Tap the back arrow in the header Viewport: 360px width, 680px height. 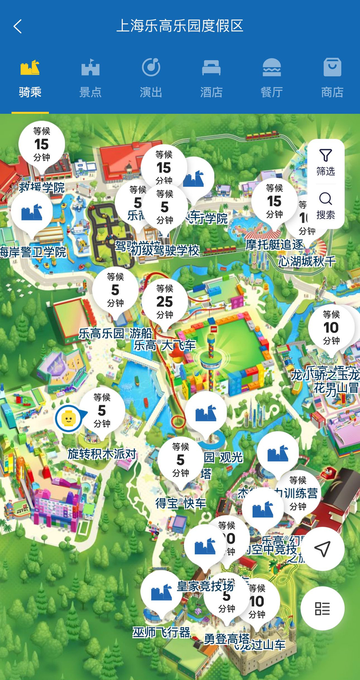point(18,26)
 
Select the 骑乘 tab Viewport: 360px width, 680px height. point(30,80)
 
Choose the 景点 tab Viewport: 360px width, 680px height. point(90,80)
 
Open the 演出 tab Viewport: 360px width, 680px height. point(151,80)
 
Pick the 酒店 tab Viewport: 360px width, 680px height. point(211,80)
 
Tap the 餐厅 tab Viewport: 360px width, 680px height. point(272,80)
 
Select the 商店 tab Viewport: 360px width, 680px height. point(332,80)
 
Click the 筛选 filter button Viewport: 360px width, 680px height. point(326,162)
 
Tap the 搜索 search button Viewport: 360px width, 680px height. point(326,206)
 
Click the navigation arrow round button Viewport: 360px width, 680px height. point(322,549)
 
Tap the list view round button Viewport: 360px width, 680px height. point(322,609)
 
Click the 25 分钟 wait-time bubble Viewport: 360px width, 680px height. point(165,301)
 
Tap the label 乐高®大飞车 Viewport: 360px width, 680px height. point(165,345)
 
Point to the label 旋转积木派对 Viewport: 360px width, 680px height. point(102,454)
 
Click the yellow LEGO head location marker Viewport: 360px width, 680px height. point(68,419)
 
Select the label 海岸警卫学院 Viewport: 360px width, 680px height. point(33,252)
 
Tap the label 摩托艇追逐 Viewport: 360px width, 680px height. point(275,244)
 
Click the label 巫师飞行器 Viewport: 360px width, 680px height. point(161,632)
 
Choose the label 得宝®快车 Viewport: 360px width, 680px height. point(181,503)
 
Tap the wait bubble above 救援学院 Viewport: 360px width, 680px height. point(42,145)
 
